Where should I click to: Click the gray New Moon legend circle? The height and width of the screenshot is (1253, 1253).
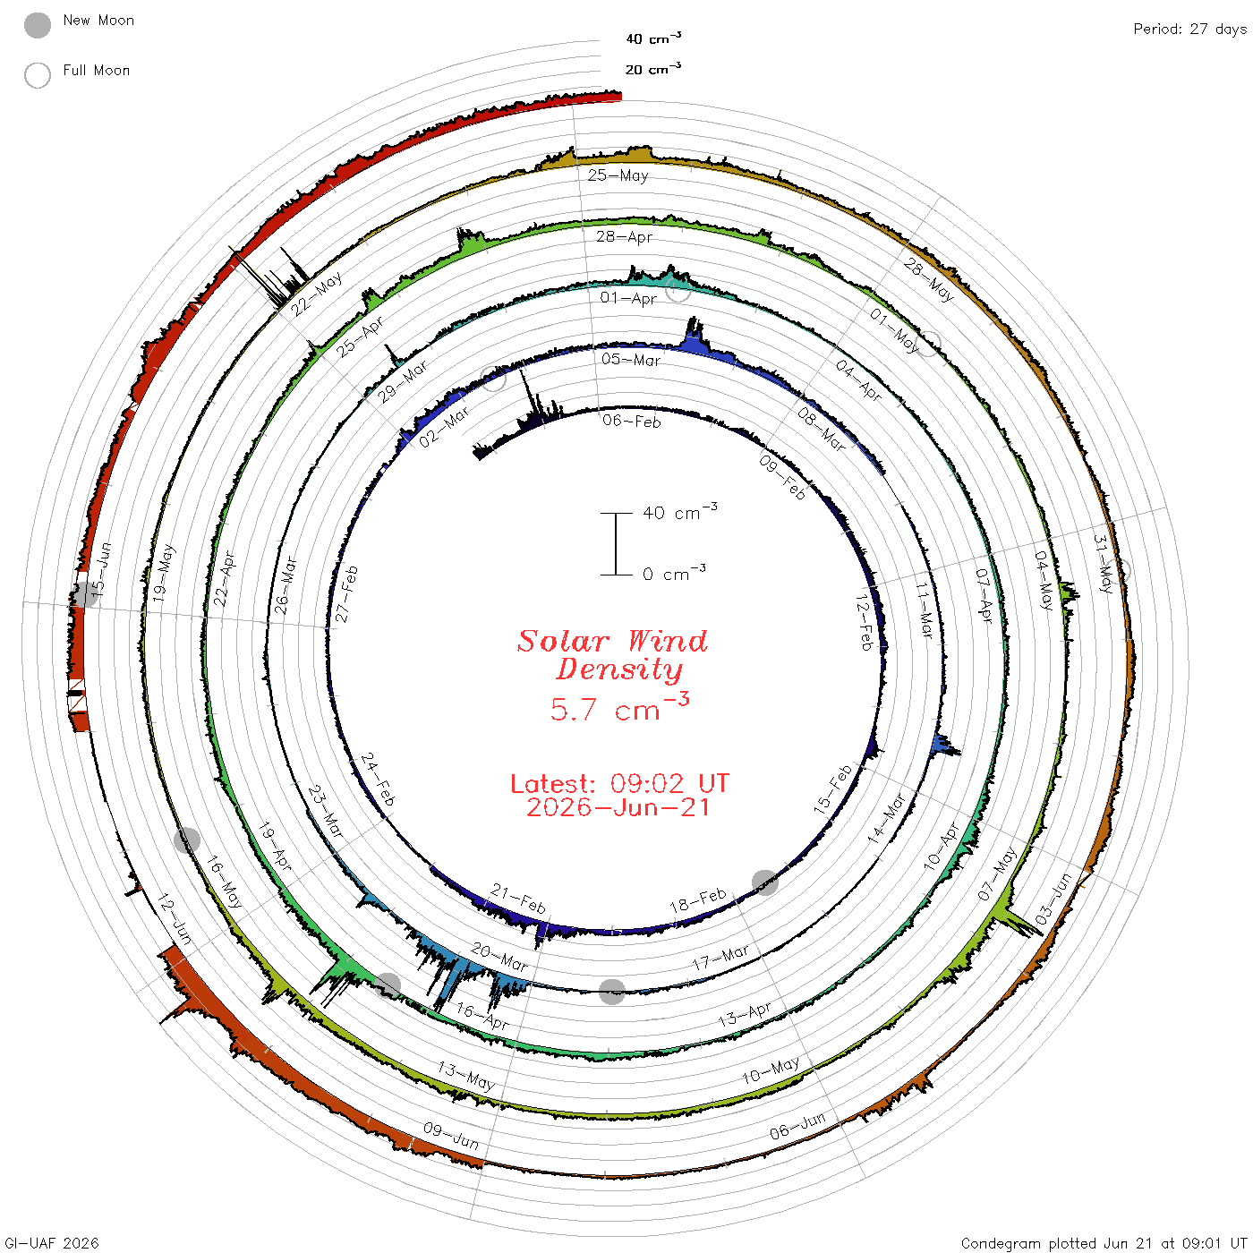click(x=37, y=25)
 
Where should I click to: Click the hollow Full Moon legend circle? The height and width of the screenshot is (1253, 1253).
click(x=37, y=75)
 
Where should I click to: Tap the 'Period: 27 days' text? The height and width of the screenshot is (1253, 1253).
click(x=1190, y=30)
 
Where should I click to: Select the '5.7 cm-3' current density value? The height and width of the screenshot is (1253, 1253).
click(x=619, y=708)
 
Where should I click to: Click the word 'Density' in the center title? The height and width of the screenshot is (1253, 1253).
click(x=619, y=669)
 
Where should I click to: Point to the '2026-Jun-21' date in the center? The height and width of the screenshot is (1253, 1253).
click(x=618, y=807)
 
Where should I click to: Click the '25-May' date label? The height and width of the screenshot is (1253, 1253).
click(x=618, y=175)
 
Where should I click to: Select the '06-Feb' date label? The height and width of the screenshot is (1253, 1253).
click(x=631, y=421)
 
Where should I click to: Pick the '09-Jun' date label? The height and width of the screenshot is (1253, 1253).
click(x=451, y=1136)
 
